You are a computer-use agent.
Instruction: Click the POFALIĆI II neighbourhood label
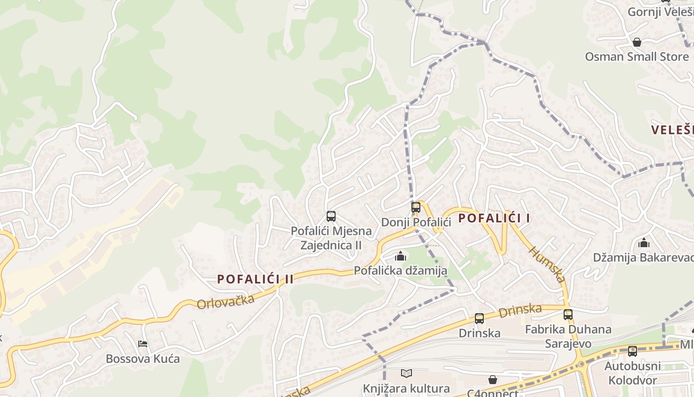point(255,279)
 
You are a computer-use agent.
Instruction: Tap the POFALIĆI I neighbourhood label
point(494,218)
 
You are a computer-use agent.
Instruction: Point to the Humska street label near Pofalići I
point(548,264)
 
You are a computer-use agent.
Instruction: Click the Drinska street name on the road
point(520,311)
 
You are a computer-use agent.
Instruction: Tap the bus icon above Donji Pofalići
point(416,207)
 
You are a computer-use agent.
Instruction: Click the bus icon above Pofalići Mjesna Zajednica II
point(331,216)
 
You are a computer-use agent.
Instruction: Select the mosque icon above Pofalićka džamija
point(401,256)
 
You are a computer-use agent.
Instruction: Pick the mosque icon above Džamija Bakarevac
point(644,243)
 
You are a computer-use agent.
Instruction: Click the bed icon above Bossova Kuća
point(143,343)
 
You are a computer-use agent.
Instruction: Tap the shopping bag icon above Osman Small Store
point(637,42)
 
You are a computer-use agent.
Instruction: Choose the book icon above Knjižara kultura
point(406,373)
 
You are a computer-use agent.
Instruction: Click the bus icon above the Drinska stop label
point(479,319)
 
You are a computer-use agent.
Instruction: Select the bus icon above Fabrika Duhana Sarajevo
point(568,315)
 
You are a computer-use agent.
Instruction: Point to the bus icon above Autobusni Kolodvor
point(632,351)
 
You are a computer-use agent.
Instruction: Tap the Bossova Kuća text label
point(143,358)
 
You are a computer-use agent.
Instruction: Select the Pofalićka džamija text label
point(401,270)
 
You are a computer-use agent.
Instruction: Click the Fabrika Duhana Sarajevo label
point(568,336)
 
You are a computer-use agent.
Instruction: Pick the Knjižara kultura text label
point(406,388)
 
